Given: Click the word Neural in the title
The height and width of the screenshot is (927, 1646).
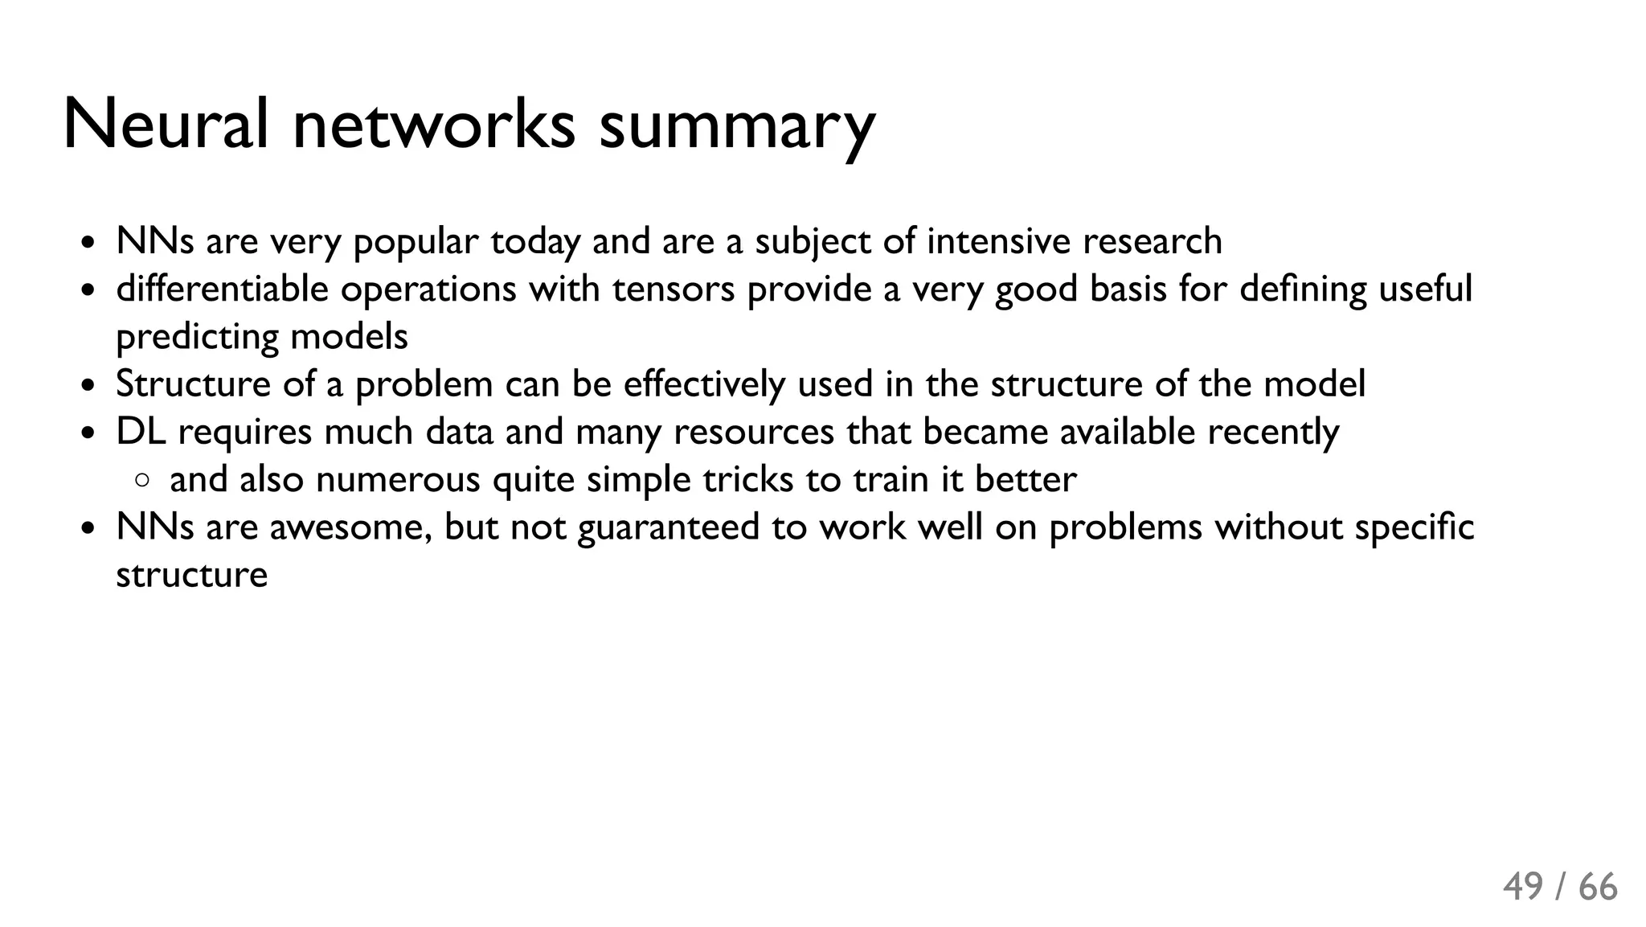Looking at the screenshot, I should coord(165,125).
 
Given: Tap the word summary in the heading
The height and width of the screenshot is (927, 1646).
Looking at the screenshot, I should coord(736,127).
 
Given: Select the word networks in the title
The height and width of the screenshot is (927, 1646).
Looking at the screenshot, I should coord(434,125).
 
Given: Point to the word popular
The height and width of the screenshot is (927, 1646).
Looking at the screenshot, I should coord(416,242).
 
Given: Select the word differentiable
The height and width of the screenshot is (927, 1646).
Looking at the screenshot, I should coord(222,289).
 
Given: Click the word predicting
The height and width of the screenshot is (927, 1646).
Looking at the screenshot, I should coord(196,337).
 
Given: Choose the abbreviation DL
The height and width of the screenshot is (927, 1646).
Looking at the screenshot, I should coord(140,432).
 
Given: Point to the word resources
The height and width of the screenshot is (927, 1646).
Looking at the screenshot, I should coord(753,432).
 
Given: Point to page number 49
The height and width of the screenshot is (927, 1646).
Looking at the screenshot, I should coord(1523,888).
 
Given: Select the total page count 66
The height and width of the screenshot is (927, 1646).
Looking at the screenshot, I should coord(1598,888).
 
